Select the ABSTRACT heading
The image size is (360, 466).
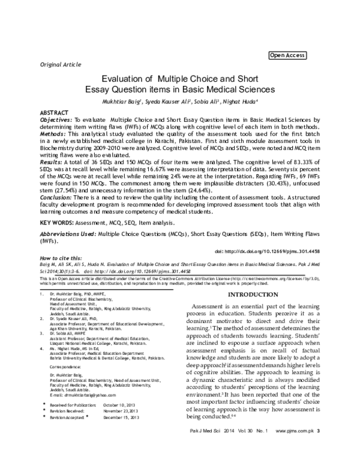click(x=54, y=113)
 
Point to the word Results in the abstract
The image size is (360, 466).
click(x=51, y=162)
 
